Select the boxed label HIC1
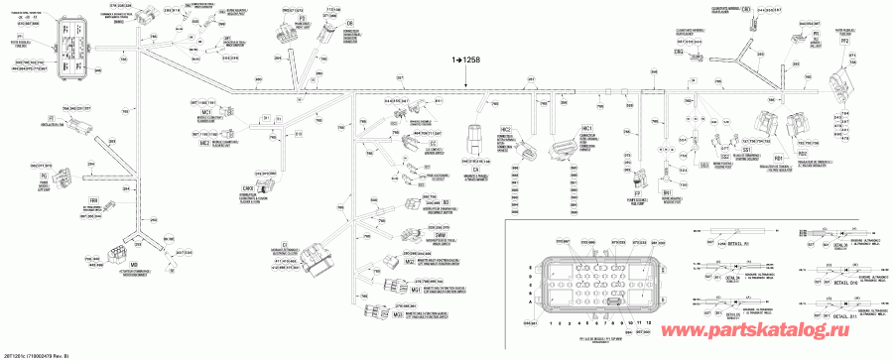click(x=587, y=130)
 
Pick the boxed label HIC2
click(x=505, y=129)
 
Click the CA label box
click(x=475, y=169)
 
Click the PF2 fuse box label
click(x=845, y=41)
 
